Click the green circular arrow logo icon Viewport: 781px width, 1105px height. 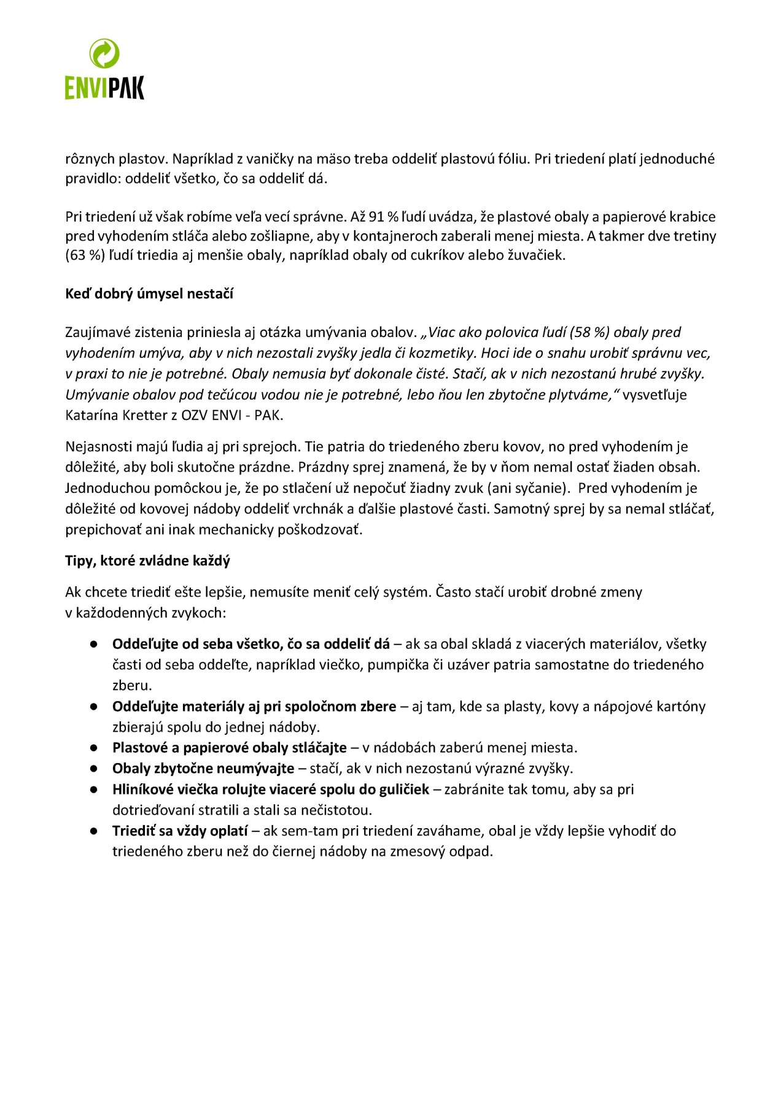pyautogui.click(x=104, y=53)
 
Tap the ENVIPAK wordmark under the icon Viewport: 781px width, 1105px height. pyautogui.click(x=104, y=87)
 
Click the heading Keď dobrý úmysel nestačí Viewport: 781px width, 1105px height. pyautogui.click(x=149, y=293)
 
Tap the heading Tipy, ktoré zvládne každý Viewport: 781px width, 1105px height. pyautogui.click(x=147, y=560)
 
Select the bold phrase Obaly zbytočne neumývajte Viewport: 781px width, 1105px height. pyautogui.click(x=203, y=768)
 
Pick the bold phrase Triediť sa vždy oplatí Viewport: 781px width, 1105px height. pyautogui.click(x=180, y=831)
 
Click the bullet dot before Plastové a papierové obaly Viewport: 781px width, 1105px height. pyautogui.click(x=94, y=748)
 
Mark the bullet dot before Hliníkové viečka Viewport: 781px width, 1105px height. pyautogui.click(x=94, y=789)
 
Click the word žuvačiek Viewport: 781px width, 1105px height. pyautogui.click(x=535, y=255)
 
